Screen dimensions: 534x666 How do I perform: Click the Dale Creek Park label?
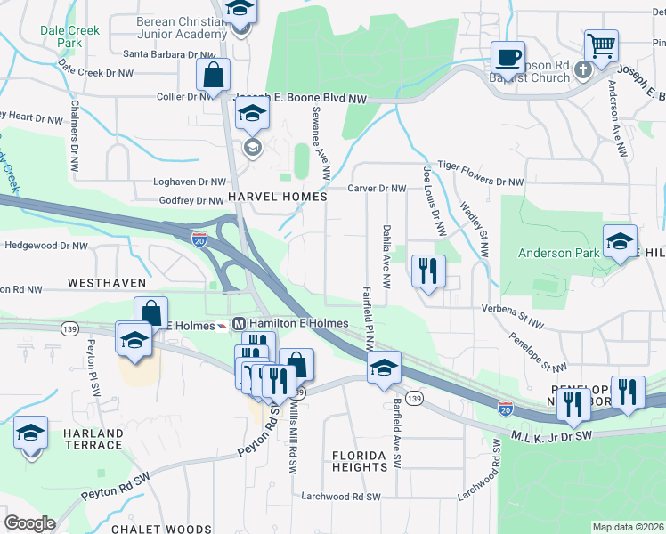tap(61, 36)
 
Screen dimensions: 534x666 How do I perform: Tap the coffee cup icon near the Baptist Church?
tap(508, 58)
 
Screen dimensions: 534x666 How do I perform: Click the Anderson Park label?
tap(558, 253)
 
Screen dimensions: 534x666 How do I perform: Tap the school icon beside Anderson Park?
tap(620, 240)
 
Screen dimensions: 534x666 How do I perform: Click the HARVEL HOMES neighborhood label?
tap(264, 196)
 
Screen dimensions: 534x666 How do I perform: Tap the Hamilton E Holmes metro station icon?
tap(238, 323)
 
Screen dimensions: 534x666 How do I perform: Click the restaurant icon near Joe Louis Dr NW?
tap(429, 271)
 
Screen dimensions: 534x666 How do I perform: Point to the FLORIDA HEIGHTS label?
tap(360, 460)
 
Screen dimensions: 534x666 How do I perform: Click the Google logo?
tap(29, 523)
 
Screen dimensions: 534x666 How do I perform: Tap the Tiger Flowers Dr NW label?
tap(482, 182)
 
